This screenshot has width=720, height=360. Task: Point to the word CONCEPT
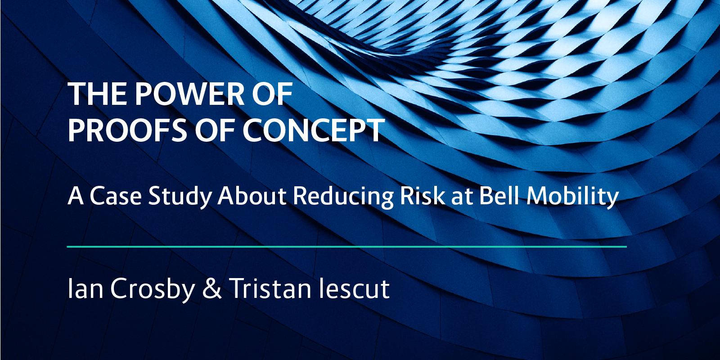(x=314, y=130)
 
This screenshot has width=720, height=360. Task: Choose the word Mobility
(x=572, y=197)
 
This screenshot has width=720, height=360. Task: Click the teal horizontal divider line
(x=346, y=247)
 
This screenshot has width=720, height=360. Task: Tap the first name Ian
(x=85, y=288)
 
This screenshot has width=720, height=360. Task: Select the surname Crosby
(x=152, y=288)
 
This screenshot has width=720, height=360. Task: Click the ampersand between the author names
(x=212, y=288)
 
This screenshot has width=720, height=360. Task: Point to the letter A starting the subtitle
(x=75, y=197)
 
